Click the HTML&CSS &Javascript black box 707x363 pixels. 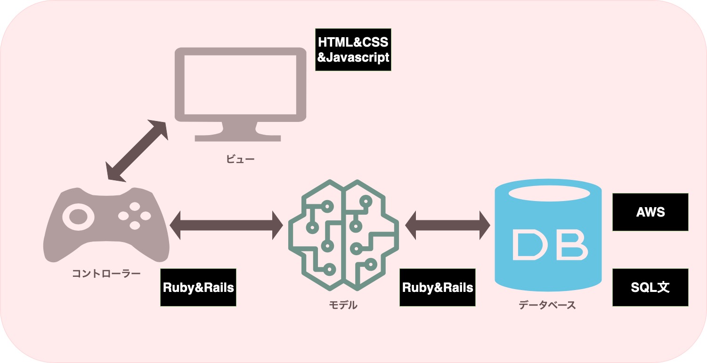353,49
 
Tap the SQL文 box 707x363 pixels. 650,287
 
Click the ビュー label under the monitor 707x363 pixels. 240,159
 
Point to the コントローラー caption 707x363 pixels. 106,274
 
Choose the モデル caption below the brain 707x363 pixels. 343,305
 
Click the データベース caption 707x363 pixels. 547,305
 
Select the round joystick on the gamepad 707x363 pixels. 78,217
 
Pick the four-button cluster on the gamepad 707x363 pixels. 135,216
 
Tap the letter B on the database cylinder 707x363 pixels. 571,245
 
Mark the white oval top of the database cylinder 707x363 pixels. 548,194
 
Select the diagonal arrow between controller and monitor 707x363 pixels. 137,150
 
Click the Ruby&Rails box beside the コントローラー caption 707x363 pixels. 198,288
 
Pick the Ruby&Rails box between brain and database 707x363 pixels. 438,288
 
